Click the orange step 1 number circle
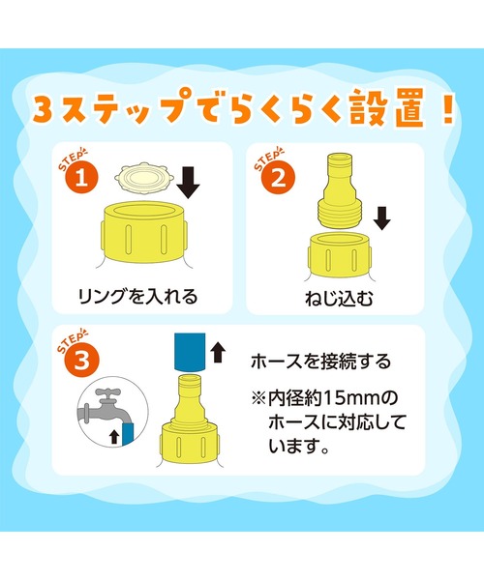coord(82,177)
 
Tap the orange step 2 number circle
coord(279,178)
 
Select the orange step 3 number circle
coord(82,360)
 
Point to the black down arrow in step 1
coord(188,183)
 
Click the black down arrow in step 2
coord(381,218)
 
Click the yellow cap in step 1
coord(144,232)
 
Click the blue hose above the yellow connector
coord(190,352)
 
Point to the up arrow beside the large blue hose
coord(218,352)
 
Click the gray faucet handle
coord(107,392)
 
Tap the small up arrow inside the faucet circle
coord(114,437)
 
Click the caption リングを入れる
coord(137,296)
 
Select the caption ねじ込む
coord(339,299)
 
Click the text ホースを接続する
coord(320,362)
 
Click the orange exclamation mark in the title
coord(448,107)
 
